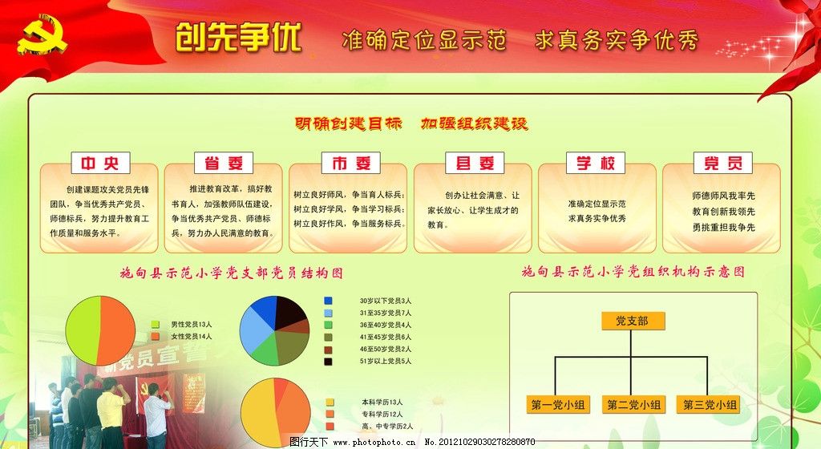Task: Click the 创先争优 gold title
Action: tap(238, 37)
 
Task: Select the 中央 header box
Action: tap(99, 164)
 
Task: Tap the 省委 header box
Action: tap(224, 164)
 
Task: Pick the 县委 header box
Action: tap(475, 164)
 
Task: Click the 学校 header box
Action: tap(595, 164)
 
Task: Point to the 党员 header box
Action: tap(722, 164)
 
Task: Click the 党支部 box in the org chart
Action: tap(631, 321)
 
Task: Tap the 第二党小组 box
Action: tap(633, 404)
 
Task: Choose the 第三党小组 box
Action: tap(709, 404)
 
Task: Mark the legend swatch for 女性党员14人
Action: tap(156, 337)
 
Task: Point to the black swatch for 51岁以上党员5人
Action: tap(329, 362)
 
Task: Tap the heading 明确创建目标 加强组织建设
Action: tap(410, 124)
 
